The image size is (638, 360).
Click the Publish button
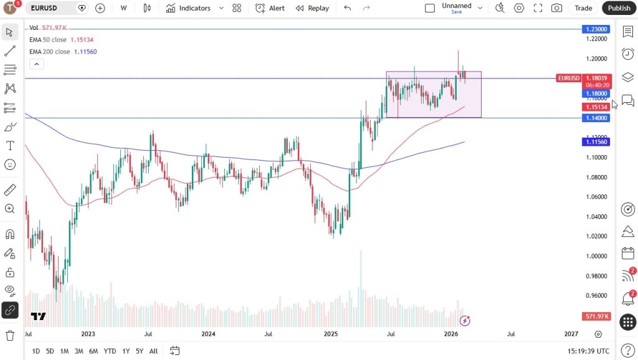tap(619, 8)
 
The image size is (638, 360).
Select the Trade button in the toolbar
tap(583, 8)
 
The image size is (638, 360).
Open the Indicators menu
tap(189, 8)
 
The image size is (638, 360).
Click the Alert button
tap(270, 8)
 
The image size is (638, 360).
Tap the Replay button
tap(312, 8)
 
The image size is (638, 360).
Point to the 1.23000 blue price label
tap(596, 29)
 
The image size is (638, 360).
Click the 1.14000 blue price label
tap(596, 118)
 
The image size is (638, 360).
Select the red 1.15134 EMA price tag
tap(596, 107)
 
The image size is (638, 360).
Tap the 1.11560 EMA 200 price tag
tap(596, 142)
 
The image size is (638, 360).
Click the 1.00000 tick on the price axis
tap(597, 256)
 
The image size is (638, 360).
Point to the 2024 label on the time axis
tap(208, 334)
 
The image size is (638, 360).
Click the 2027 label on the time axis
tap(571, 334)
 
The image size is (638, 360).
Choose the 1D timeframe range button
tap(36, 351)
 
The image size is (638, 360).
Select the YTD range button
tap(110, 351)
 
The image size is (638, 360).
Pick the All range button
tap(153, 351)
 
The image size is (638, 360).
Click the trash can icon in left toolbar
tap(10, 336)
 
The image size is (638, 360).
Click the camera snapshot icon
tap(556, 8)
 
